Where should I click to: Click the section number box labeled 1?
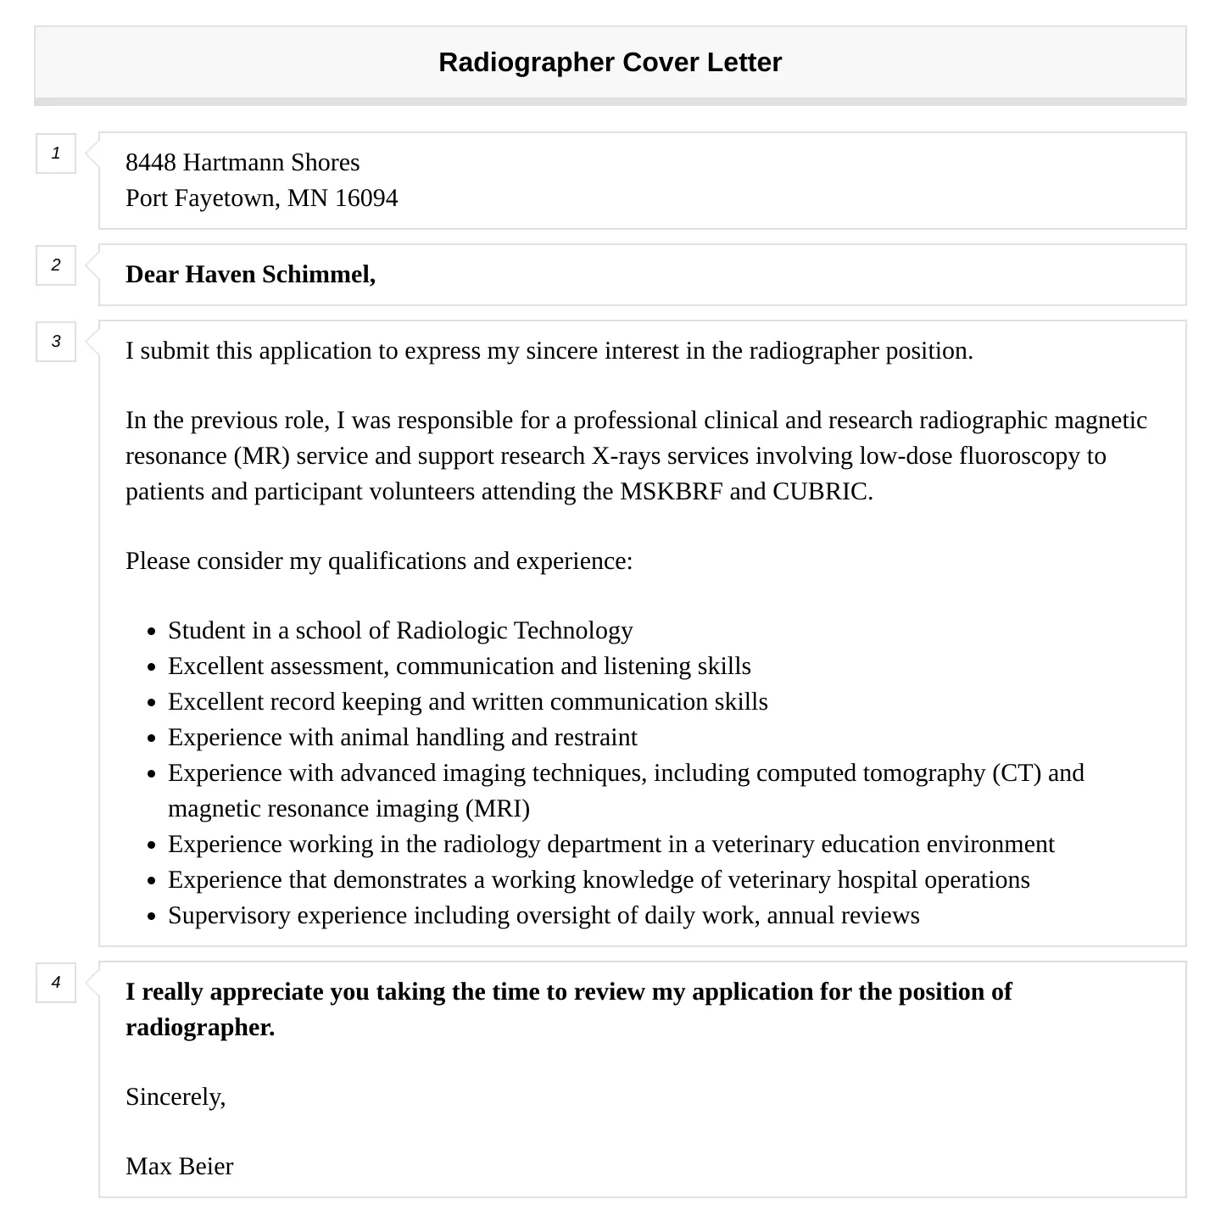[x=56, y=153]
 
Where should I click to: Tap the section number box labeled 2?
[x=56, y=265]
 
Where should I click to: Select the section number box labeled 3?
[x=56, y=342]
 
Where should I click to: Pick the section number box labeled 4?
[x=56, y=983]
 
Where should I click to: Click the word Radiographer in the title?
[x=527, y=63]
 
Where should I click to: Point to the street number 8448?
[x=151, y=163]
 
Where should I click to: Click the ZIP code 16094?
[x=366, y=198]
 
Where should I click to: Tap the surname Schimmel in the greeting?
[x=318, y=275]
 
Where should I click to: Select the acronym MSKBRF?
[x=672, y=492]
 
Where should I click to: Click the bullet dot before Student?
[x=151, y=633]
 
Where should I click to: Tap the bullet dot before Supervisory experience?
[x=151, y=917]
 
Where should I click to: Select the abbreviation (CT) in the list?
[x=1017, y=773]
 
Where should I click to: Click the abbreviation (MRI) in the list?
[x=498, y=809]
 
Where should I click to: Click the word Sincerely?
[x=176, y=1097]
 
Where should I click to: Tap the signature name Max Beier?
[x=180, y=1167]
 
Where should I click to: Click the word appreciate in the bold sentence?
[x=266, y=992]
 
